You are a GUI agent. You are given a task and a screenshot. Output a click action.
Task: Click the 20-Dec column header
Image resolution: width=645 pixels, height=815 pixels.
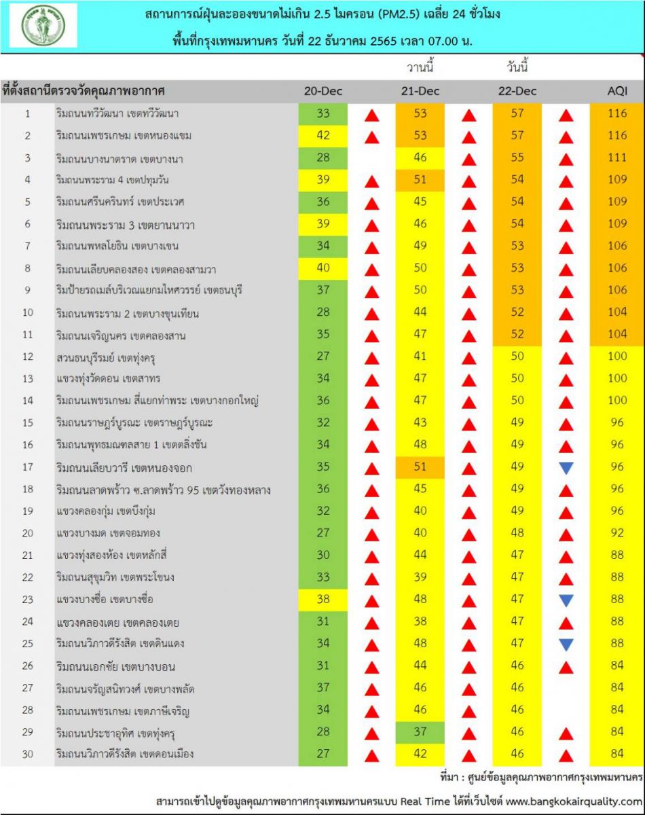[322, 91]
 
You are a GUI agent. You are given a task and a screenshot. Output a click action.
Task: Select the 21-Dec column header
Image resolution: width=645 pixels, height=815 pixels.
[420, 91]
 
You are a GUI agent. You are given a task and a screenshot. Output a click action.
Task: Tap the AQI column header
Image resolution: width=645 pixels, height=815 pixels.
[617, 91]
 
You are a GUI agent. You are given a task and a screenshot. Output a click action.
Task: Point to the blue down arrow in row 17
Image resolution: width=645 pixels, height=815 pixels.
[566, 467]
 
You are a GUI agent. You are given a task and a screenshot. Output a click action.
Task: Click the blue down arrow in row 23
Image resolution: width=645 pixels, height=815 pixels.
[566, 600]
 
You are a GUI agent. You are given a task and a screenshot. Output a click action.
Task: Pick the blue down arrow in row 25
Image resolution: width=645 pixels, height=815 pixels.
[566, 644]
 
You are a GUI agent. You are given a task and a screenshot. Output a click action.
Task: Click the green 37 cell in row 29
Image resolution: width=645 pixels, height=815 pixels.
[420, 732]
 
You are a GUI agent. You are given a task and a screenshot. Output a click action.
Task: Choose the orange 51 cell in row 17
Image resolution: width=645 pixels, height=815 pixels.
[420, 467]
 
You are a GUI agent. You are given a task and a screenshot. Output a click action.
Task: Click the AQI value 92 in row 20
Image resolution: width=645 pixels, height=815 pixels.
[617, 533]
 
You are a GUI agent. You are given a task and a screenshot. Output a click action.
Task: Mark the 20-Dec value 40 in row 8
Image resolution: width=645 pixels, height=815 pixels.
[322, 268]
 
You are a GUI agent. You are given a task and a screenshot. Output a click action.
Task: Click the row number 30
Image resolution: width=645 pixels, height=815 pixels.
[27, 754]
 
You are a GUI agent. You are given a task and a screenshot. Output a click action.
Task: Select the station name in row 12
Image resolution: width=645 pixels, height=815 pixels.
[108, 357]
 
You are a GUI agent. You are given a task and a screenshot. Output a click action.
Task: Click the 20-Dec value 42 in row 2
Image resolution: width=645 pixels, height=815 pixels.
[322, 135]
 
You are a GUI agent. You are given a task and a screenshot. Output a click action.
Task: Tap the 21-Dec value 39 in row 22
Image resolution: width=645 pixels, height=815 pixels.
[420, 577]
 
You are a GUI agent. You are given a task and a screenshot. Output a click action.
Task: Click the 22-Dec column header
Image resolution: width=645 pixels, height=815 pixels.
[517, 91]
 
